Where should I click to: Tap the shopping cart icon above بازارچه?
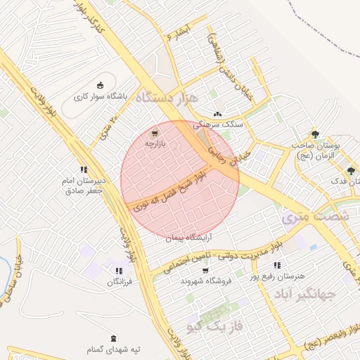pyautogui.click(x=155, y=131)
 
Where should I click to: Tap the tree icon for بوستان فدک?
pyautogui.click(x=351, y=170)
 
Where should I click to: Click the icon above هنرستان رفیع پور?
pyautogui.click(x=276, y=265)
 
